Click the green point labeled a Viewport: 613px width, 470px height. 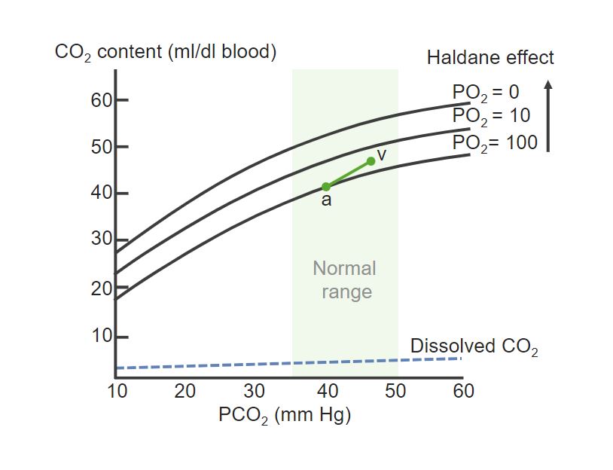click(x=326, y=186)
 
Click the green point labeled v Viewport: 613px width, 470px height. click(x=371, y=161)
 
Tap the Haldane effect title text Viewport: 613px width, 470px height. click(x=490, y=57)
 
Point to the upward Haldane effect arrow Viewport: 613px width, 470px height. click(x=548, y=116)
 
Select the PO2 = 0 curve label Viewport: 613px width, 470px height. click(x=486, y=93)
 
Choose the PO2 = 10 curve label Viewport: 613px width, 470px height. click(x=491, y=116)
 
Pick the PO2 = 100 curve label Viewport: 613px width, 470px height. click(x=495, y=142)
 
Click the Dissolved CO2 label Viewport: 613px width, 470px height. click(x=474, y=346)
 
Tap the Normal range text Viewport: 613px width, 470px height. click(x=345, y=279)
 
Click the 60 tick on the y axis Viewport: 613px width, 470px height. click(x=102, y=100)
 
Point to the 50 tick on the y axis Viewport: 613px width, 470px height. click(x=102, y=147)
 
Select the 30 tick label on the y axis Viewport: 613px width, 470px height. click(x=102, y=241)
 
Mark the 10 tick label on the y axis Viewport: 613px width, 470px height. click(x=102, y=336)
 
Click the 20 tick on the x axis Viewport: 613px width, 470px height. click(x=185, y=390)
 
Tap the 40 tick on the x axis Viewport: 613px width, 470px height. click(x=326, y=390)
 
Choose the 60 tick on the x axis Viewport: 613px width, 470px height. click(x=464, y=390)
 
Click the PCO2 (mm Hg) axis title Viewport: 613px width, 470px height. click(x=285, y=416)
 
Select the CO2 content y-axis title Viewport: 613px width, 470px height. click(x=166, y=53)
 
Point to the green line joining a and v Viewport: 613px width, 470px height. click(x=348, y=174)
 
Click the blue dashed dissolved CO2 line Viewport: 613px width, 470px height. click(x=286, y=363)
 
